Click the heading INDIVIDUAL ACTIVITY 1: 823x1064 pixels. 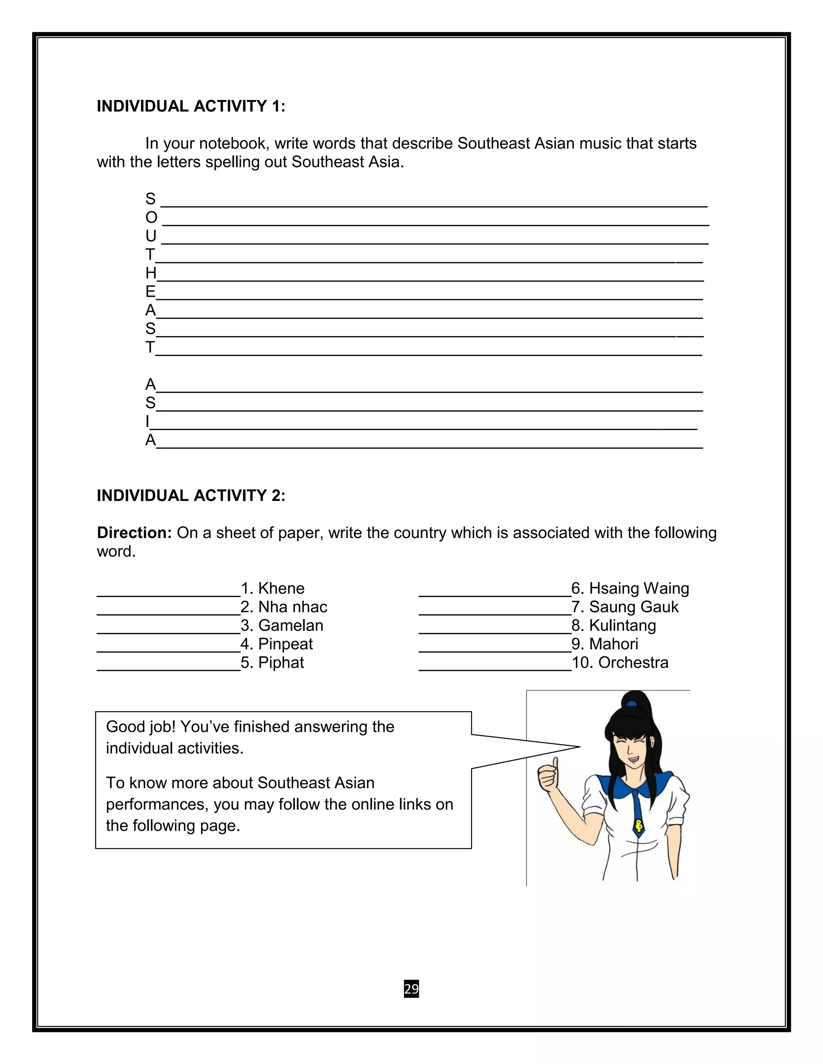[x=190, y=106]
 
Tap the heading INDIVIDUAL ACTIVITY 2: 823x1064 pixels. [x=190, y=495]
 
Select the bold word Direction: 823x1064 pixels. [x=134, y=533]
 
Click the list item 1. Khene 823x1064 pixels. [x=272, y=589]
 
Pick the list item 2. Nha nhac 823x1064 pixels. [x=284, y=607]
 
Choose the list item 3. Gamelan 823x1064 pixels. [x=282, y=626]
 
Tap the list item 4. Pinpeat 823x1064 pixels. [x=276, y=644]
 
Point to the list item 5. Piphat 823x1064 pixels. [x=272, y=662]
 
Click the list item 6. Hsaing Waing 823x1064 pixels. [x=630, y=589]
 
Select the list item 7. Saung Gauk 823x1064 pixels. [x=624, y=607]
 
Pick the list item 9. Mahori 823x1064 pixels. [x=604, y=644]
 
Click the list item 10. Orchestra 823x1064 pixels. [x=620, y=662]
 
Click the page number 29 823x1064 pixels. [x=411, y=989]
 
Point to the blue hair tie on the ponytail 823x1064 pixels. [x=633, y=703]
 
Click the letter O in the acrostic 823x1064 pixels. [x=151, y=218]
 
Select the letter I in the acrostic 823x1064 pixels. [x=147, y=422]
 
